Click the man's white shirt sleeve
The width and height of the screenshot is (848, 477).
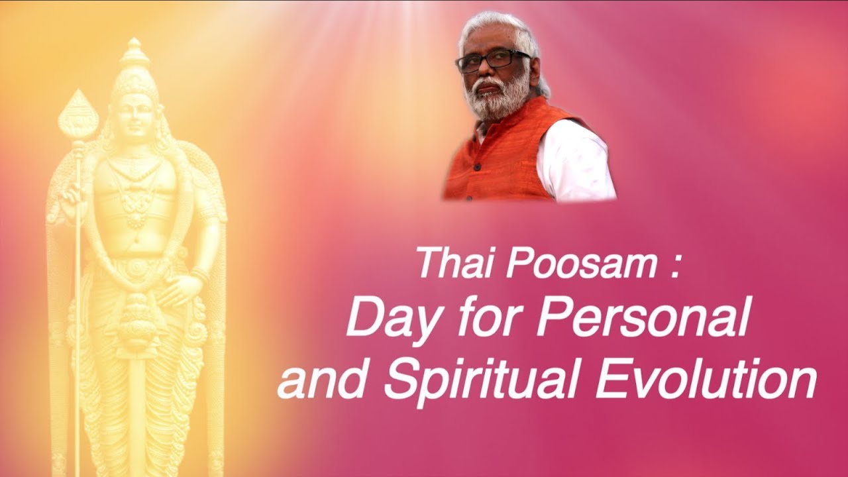click(576, 166)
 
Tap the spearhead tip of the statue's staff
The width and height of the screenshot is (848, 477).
click(78, 113)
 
